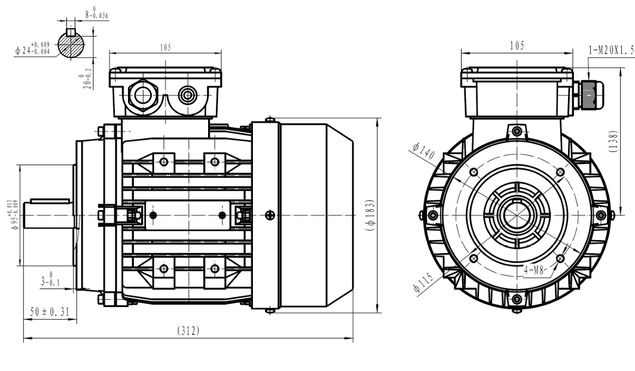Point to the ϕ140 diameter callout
click(423, 151)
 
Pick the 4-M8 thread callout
click(535, 270)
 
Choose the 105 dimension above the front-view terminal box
click(517, 46)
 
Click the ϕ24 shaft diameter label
click(33, 47)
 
